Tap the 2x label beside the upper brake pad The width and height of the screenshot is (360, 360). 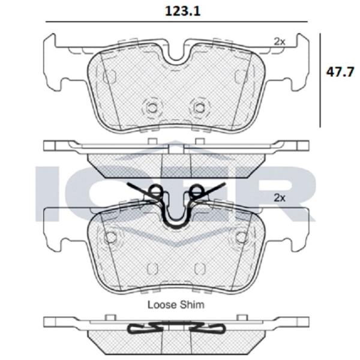pos(279,41)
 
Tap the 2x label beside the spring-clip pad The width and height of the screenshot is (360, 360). pos(279,197)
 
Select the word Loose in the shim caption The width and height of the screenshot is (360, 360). pos(161,304)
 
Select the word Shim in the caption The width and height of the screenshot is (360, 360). pos(192,304)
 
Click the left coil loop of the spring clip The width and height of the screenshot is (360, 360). pos(156,191)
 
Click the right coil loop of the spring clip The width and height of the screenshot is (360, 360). pos(196,191)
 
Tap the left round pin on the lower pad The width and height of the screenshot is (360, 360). pos(110,236)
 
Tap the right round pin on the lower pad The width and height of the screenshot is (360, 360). pos(241,236)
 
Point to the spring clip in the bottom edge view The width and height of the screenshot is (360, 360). pos(176,328)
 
